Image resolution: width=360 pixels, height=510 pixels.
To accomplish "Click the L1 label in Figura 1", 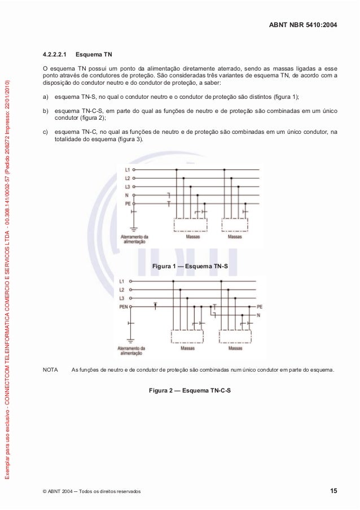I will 127,169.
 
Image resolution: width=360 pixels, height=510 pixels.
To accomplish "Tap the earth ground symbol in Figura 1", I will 134,229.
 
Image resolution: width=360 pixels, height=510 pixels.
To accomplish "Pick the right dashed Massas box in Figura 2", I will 236,335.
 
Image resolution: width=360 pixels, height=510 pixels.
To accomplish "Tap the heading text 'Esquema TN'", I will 93,56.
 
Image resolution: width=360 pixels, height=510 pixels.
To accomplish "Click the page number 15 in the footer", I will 333,491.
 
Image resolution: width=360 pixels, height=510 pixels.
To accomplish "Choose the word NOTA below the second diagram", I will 50,371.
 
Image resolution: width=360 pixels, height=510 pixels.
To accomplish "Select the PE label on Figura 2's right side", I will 260,307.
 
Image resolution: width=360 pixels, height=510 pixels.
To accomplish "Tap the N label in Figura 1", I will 127,195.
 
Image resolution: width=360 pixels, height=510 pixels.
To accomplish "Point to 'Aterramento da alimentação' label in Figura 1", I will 134,239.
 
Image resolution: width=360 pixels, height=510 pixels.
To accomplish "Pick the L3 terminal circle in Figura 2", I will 131,298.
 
